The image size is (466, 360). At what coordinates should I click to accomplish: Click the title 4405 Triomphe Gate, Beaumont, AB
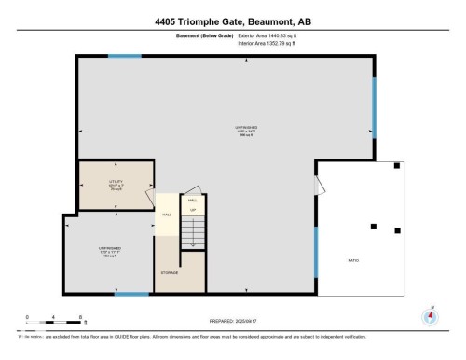[x=232, y=21]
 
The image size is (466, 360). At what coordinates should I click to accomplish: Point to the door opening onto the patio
[x=321, y=182]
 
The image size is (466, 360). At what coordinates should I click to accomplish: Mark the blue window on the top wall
[x=124, y=56]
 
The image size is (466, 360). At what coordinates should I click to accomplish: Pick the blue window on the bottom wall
[x=133, y=294]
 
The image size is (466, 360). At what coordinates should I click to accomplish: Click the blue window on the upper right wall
[x=375, y=107]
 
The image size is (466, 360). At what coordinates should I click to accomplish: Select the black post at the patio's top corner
[x=396, y=165]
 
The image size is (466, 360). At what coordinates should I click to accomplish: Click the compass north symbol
[x=430, y=315]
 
